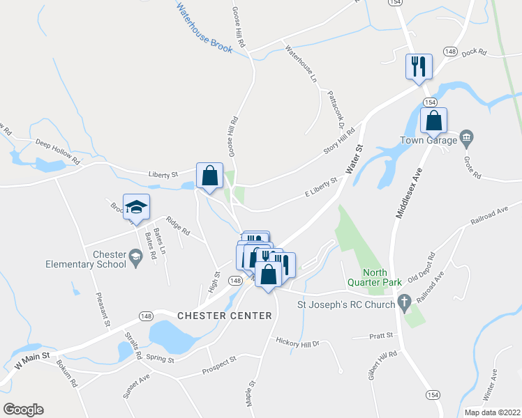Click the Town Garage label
coord(428,140)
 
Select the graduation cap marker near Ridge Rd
coord(137,207)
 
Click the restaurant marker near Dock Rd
coord(419,67)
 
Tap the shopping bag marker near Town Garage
coord(434,120)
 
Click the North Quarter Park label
coord(382,277)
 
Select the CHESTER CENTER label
coord(224,316)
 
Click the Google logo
coord(23,410)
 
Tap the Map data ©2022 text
coord(492,412)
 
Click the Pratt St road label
coord(382,336)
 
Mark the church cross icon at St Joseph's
coord(403,302)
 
